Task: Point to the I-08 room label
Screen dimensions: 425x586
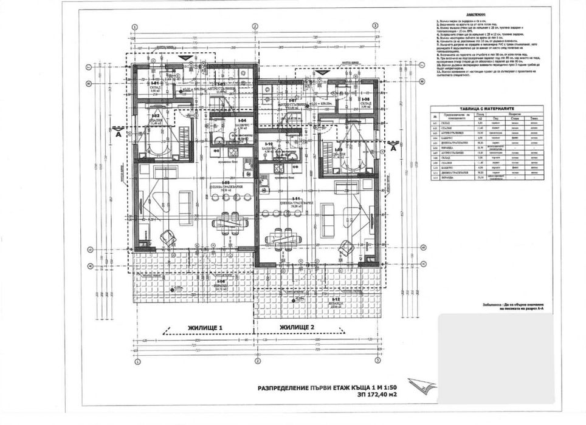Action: click(x=366, y=99)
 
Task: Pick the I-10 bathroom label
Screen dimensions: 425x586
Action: click(x=271, y=144)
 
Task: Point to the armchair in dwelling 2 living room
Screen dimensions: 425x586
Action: click(x=346, y=246)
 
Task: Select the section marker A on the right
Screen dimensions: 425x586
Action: click(x=393, y=147)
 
